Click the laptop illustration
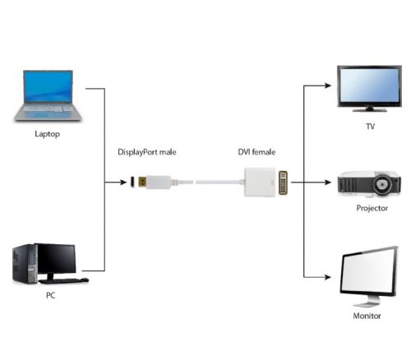click(48, 95)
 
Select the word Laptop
click(48, 132)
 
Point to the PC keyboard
click(69, 280)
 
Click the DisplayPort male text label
click(147, 153)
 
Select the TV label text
click(370, 127)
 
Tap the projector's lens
click(382, 185)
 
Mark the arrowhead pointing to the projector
click(331, 182)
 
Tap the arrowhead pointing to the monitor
click(331, 276)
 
